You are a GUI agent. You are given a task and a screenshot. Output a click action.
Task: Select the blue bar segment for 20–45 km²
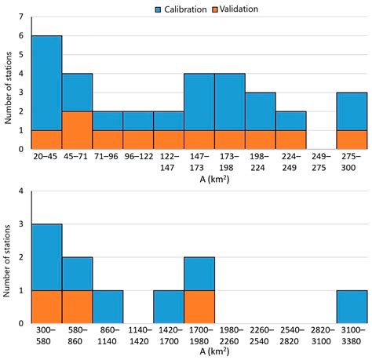coord(46,82)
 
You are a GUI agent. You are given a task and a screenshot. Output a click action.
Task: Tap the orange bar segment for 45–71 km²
coord(77,129)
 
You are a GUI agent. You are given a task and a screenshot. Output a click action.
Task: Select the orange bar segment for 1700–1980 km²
coord(199,307)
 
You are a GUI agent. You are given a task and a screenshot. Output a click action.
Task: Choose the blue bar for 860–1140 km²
coord(108,307)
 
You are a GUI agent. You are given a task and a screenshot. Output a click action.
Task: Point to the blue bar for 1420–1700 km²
coord(168,307)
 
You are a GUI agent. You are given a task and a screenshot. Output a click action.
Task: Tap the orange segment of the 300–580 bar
coord(46,307)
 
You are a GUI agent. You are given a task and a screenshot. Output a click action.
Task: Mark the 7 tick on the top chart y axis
coord(22,16)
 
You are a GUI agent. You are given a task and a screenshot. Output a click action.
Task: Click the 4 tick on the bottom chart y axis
coord(22,190)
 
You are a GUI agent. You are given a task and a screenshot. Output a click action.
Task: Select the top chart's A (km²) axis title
coord(199,178)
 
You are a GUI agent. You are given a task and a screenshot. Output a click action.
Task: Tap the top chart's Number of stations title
coord(8,82)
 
